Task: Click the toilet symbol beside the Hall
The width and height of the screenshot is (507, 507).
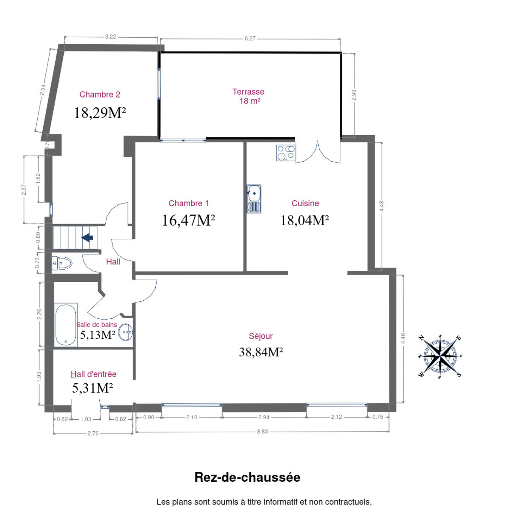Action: pyautogui.click(x=62, y=263)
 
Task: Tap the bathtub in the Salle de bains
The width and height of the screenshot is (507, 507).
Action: pyautogui.click(x=66, y=325)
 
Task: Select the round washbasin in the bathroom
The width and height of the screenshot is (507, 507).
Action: pyautogui.click(x=126, y=332)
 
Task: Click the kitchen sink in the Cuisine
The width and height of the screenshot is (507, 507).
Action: pyautogui.click(x=254, y=199)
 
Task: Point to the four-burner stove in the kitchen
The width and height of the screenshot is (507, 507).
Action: pyautogui.click(x=286, y=152)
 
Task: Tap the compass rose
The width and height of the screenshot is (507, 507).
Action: pyautogui.click(x=440, y=357)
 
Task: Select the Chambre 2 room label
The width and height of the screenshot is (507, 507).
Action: pyautogui.click(x=100, y=94)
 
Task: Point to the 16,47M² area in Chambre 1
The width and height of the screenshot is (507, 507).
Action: pyautogui.click(x=188, y=220)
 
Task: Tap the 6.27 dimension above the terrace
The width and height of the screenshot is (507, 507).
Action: pyautogui.click(x=250, y=38)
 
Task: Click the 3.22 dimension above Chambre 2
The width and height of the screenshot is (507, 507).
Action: pyautogui.click(x=111, y=37)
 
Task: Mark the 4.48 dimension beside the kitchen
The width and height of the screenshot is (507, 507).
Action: pyautogui.click(x=382, y=206)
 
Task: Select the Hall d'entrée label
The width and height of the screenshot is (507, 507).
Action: pyautogui.click(x=94, y=374)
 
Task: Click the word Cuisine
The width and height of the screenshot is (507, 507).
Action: pyautogui.click(x=305, y=203)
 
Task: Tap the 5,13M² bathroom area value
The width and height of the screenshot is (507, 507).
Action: pyautogui.click(x=98, y=335)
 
